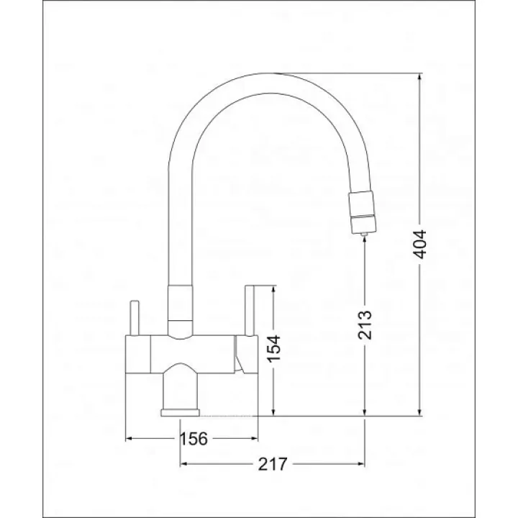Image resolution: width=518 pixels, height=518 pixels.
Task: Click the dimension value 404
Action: coord(420,245)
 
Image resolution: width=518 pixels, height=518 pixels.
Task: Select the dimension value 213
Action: coord(365,324)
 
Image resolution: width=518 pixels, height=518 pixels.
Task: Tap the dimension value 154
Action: coord(273,348)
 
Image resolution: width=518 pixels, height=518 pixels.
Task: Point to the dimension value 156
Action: coord(194,439)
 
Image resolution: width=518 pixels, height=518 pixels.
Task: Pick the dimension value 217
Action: coord(273,464)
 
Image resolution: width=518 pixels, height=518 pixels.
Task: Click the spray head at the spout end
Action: coord(362,212)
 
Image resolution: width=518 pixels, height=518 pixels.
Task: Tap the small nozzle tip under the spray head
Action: coord(364,235)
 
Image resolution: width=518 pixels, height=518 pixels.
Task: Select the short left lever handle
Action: coord(135,318)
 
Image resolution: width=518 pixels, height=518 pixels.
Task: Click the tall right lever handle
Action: coord(249,310)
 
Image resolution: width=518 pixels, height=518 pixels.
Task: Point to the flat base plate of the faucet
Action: coord(181,413)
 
